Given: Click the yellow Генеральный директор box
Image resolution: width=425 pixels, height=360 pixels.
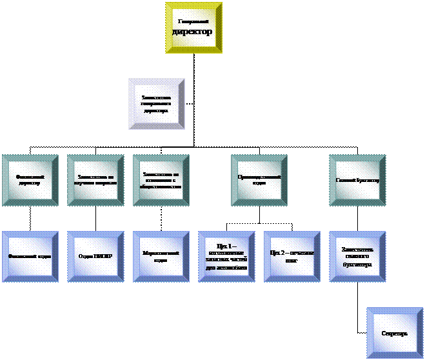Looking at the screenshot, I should click(x=193, y=28).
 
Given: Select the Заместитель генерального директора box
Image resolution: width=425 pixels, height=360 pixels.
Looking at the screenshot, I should click(x=156, y=104).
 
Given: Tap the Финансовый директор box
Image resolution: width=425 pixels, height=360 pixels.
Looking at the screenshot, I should click(x=30, y=180).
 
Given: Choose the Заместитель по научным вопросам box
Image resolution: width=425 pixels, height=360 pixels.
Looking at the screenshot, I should click(x=95, y=180).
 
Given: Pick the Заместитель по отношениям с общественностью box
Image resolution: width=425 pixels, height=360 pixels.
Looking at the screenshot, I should click(x=161, y=180).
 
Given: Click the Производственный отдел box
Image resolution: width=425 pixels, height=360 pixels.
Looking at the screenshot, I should click(x=259, y=180).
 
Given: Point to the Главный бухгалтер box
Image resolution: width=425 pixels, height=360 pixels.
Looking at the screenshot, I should click(x=357, y=180).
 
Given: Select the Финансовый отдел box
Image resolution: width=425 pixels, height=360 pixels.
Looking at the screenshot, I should click(x=30, y=256).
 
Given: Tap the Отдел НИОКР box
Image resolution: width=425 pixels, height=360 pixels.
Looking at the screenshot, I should click(x=95, y=256).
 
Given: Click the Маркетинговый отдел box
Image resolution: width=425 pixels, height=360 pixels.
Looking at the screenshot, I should click(x=161, y=256).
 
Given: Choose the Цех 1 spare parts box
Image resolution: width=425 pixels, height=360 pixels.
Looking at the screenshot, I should click(x=227, y=256).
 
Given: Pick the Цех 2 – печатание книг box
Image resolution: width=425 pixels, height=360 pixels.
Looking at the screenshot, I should click(x=292, y=256).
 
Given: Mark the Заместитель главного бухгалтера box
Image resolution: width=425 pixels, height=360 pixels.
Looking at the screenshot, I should click(x=357, y=256).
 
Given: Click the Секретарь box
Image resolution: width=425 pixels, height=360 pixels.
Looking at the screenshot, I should click(x=395, y=333).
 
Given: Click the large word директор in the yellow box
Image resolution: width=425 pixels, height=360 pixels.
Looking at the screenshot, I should click(x=193, y=32).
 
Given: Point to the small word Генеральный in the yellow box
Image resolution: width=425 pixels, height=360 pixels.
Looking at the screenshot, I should click(x=193, y=22).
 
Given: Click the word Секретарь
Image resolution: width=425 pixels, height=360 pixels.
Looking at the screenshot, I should click(x=395, y=334).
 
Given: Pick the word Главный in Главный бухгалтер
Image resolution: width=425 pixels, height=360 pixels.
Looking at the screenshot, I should click(x=346, y=180).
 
